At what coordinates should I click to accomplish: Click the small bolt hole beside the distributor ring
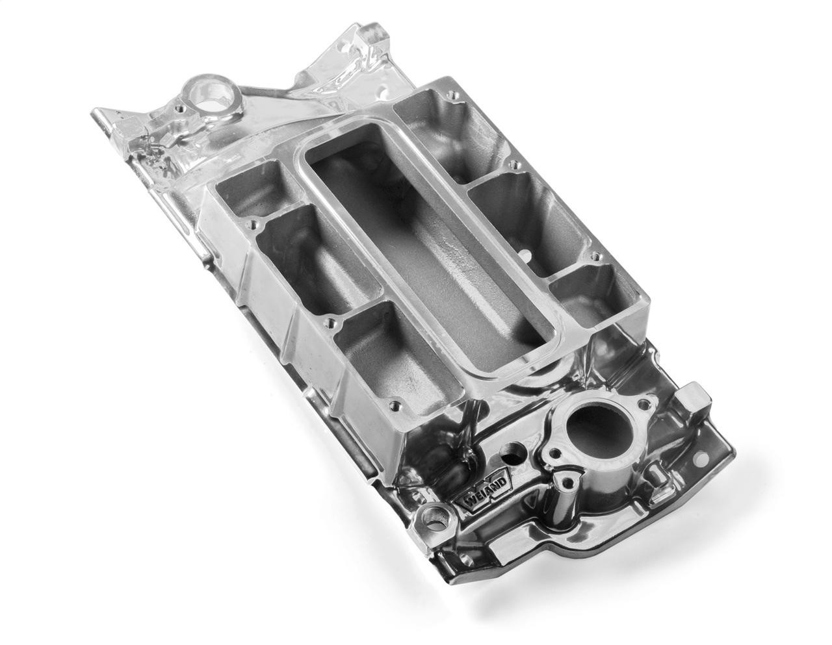point(177,103)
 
